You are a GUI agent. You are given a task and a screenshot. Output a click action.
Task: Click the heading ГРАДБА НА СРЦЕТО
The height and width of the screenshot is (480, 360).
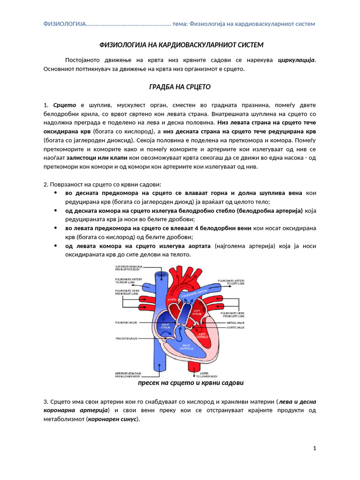(x=180, y=87)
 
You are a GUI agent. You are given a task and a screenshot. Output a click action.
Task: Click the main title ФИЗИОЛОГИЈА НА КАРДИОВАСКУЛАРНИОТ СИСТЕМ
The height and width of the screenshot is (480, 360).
(x=180, y=45)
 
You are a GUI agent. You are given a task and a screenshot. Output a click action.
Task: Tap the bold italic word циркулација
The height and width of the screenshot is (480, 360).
(x=296, y=60)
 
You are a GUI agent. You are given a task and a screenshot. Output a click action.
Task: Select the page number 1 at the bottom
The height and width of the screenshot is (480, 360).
(x=315, y=449)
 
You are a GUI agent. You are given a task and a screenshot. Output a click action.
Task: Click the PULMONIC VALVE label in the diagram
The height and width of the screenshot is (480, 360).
(x=126, y=323)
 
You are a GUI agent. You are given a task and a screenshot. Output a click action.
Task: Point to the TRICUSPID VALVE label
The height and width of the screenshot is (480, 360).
(x=126, y=338)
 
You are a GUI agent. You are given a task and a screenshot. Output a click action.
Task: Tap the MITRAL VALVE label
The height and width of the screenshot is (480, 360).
(x=235, y=323)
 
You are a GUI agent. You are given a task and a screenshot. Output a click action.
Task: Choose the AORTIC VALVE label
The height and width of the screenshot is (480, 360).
(x=235, y=328)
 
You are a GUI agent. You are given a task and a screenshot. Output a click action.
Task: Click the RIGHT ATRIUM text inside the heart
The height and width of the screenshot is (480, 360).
(x=165, y=326)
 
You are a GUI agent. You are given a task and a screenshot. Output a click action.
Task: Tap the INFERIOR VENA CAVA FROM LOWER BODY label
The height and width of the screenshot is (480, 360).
(x=128, y=375)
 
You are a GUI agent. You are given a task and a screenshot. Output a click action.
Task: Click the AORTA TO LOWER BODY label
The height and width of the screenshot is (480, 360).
(x=206, y=375)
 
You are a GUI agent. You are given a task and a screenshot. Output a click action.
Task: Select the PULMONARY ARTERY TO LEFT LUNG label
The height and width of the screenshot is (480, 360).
(x=231, y=282)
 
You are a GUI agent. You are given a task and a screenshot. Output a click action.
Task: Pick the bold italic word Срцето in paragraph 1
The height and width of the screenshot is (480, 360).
(x=65, y=105)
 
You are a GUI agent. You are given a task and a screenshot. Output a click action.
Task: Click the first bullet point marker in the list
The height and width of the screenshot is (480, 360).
(x=56, y=193)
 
